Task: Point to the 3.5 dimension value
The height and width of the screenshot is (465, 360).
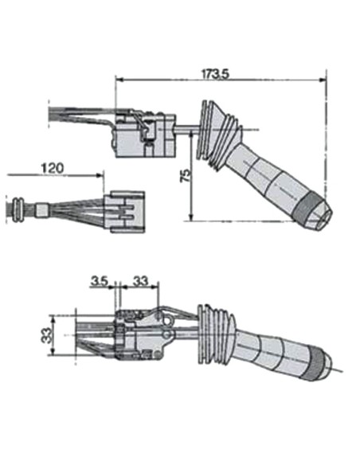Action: [100, 281]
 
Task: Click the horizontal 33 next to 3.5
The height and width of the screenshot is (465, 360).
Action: [140, 281]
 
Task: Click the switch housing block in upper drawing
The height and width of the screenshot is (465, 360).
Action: [144, 137]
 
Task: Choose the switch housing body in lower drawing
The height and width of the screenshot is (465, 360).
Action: [142, 334]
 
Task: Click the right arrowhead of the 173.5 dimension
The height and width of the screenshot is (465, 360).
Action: [324, 80]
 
